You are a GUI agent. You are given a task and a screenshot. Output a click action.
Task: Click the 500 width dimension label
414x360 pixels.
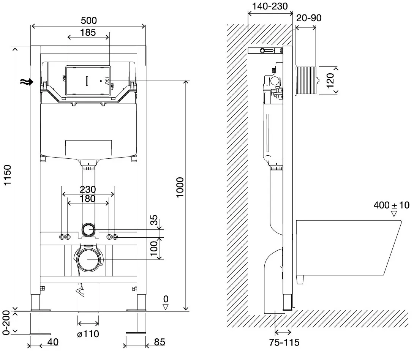coord(89,21)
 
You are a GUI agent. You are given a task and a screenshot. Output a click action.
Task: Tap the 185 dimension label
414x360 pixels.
coord(88,32)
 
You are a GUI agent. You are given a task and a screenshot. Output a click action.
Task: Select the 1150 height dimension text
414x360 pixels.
coord(7,175)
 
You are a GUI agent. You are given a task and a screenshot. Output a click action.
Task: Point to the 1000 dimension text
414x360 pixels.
coord(180,187)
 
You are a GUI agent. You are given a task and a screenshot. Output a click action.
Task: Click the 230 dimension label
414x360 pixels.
coord(88,189)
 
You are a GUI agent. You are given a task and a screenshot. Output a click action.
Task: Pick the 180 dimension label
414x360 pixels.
coord(88,199)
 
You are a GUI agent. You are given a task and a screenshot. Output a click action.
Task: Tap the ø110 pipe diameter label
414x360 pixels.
coord(88,334)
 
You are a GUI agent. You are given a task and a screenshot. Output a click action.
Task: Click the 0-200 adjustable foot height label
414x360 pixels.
coord(6,322)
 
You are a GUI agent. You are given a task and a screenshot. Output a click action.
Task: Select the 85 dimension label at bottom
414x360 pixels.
coord(160,342)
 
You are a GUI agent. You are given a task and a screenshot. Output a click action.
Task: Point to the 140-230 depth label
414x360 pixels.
coord(270,6)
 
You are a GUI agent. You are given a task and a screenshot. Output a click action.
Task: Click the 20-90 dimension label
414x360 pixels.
coord(309,18)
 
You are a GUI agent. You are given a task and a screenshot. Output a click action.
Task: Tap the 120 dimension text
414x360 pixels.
coord(330,81)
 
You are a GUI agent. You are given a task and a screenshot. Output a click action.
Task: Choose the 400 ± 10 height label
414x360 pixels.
coord(391,205)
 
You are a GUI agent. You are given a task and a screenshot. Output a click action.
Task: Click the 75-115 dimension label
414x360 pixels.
coord(284,342)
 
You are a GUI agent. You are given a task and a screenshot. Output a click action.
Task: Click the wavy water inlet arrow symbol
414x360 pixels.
coord(27,82)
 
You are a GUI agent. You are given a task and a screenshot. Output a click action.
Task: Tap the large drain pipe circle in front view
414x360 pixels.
coord(89,259)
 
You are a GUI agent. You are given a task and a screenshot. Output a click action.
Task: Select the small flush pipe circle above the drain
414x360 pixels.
coord(89,230)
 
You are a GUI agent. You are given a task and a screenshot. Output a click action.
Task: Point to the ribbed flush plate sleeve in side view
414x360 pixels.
coord(306,81)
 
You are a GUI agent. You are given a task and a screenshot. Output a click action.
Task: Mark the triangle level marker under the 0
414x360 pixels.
coord(166,307)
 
